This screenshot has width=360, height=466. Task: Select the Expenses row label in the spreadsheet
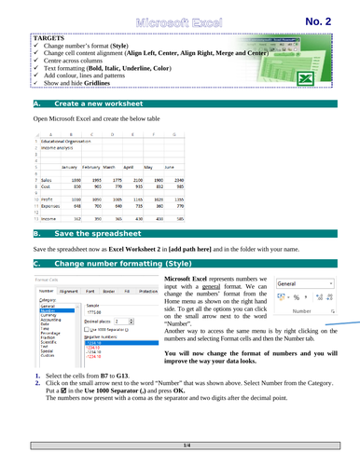pyautogui.click(x=48, y=207)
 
